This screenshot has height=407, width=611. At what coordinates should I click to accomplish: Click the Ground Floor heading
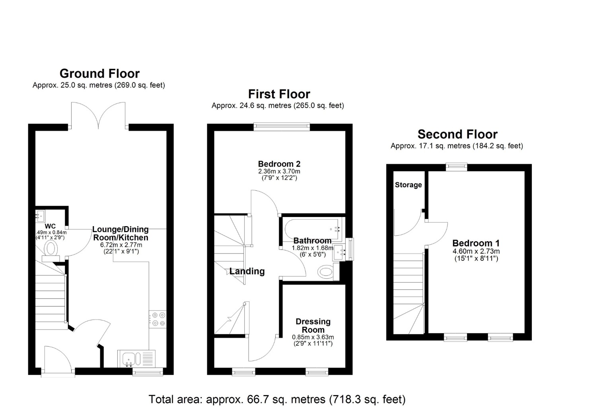(x=99, y=74)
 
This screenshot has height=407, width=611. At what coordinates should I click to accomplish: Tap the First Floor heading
(x=279, y=94)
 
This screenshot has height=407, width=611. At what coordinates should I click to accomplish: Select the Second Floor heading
(x=457, y=134)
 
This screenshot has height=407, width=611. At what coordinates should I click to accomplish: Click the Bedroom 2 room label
(x=279, y=164)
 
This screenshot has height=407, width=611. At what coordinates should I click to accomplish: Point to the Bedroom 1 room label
(x=476, y=243)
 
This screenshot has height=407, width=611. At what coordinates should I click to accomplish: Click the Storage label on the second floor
(x=408, y=185)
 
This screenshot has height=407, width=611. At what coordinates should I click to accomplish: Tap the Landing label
(x=247, y=271)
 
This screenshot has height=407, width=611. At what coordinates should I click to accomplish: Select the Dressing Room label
(x=313, y=326)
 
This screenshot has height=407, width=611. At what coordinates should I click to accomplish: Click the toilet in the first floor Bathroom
(x=326, y=273)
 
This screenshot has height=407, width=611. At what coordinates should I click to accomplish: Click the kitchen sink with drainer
(x=136, y=359)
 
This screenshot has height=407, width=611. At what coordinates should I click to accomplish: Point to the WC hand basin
(x=40, y=217)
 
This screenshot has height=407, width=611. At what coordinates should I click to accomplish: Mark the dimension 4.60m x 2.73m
(x=476, y=251)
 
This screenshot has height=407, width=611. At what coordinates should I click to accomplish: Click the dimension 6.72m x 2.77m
(x=120, y=245)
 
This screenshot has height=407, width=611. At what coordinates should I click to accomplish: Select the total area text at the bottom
(x=277, y=399)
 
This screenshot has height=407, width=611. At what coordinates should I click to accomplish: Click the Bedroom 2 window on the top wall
(x=282, y=126)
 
